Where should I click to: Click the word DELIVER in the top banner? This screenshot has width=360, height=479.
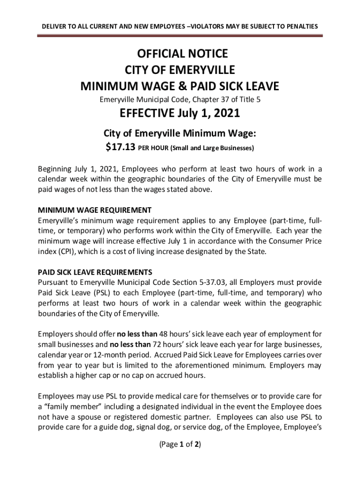pyautogui.click(x=54, y=27)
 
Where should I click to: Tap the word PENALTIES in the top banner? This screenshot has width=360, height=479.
pyautogui.click(x=302, y=27)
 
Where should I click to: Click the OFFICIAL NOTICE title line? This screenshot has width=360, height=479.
pyautogui.click(x=180, y=54)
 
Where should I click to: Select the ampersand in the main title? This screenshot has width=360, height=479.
pyautogui.click(x=193, y=87)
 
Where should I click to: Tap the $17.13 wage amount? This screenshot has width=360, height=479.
pyautogui.click(x=121, y=148)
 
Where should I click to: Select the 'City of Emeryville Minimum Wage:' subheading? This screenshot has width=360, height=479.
pyautogui.click(x=180, y=134)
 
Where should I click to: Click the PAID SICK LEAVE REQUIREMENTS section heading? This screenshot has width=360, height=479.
pyautogui.click(x=95, y=272)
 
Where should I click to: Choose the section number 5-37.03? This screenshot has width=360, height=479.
pyautogui.click(x=199, y=282)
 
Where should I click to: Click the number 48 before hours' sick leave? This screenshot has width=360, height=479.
pyautogui.click(x=165, y=334)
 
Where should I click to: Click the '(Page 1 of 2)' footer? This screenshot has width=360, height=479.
pyautogui.click(x=180, y=444)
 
